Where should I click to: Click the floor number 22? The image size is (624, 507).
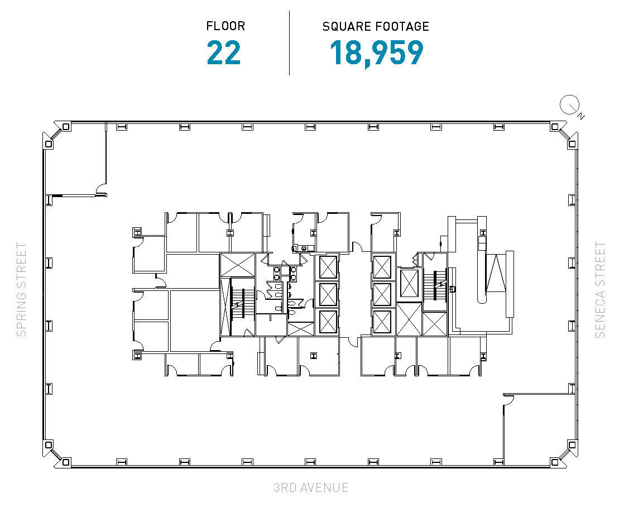pos(224,53)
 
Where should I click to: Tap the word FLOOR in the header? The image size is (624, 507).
pos(225,26)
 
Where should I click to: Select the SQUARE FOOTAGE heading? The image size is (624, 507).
pos(376,26)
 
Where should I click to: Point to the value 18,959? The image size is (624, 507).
pos(376,53)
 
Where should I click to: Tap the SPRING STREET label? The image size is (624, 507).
pos(21,289)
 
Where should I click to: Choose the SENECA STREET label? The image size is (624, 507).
pos(600,289)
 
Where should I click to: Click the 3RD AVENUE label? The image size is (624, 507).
pos(311,487)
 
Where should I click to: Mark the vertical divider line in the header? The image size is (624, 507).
pos(289,42)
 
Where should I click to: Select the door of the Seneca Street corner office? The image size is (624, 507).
pos(508,399)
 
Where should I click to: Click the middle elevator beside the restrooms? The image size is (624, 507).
pos(328,294)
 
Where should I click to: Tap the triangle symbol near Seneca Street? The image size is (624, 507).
pos(495,273)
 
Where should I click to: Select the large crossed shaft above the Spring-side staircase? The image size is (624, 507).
pos(237,265)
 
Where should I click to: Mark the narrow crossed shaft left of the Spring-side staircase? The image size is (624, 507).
pos(226,307)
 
